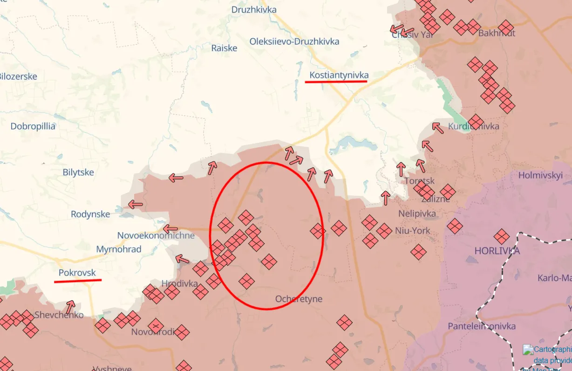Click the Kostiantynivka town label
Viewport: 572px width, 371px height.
tap(339, 75)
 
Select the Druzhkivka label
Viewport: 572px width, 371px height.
tap(254, 10)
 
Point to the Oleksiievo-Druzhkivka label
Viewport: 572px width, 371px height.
tap(294, 41)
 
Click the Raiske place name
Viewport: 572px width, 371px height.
tap(224, 48)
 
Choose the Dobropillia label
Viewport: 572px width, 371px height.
tap(33, 126)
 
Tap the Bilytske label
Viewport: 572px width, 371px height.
tap(78, 172)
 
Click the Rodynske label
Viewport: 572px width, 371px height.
tap(90, 214)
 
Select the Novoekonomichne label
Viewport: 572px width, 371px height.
tap(156, 235)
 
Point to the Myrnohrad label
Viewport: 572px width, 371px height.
tap(119, 249)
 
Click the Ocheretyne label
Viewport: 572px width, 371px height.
tap(299, 299)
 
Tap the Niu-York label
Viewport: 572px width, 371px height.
tap(413, 231)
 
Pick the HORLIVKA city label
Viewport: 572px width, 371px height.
tap(497, 251)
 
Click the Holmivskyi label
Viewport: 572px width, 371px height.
tap(540, 176)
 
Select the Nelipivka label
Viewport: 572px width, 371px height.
tap(417, 214)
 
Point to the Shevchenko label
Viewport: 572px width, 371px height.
tap(59, 315)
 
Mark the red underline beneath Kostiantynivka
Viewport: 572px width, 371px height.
tap(336, 81)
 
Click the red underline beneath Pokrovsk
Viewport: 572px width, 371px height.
tap(78, 281)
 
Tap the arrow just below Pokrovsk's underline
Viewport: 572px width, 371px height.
tap(70, 307)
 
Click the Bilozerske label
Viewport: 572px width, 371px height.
tap(18, 76)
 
